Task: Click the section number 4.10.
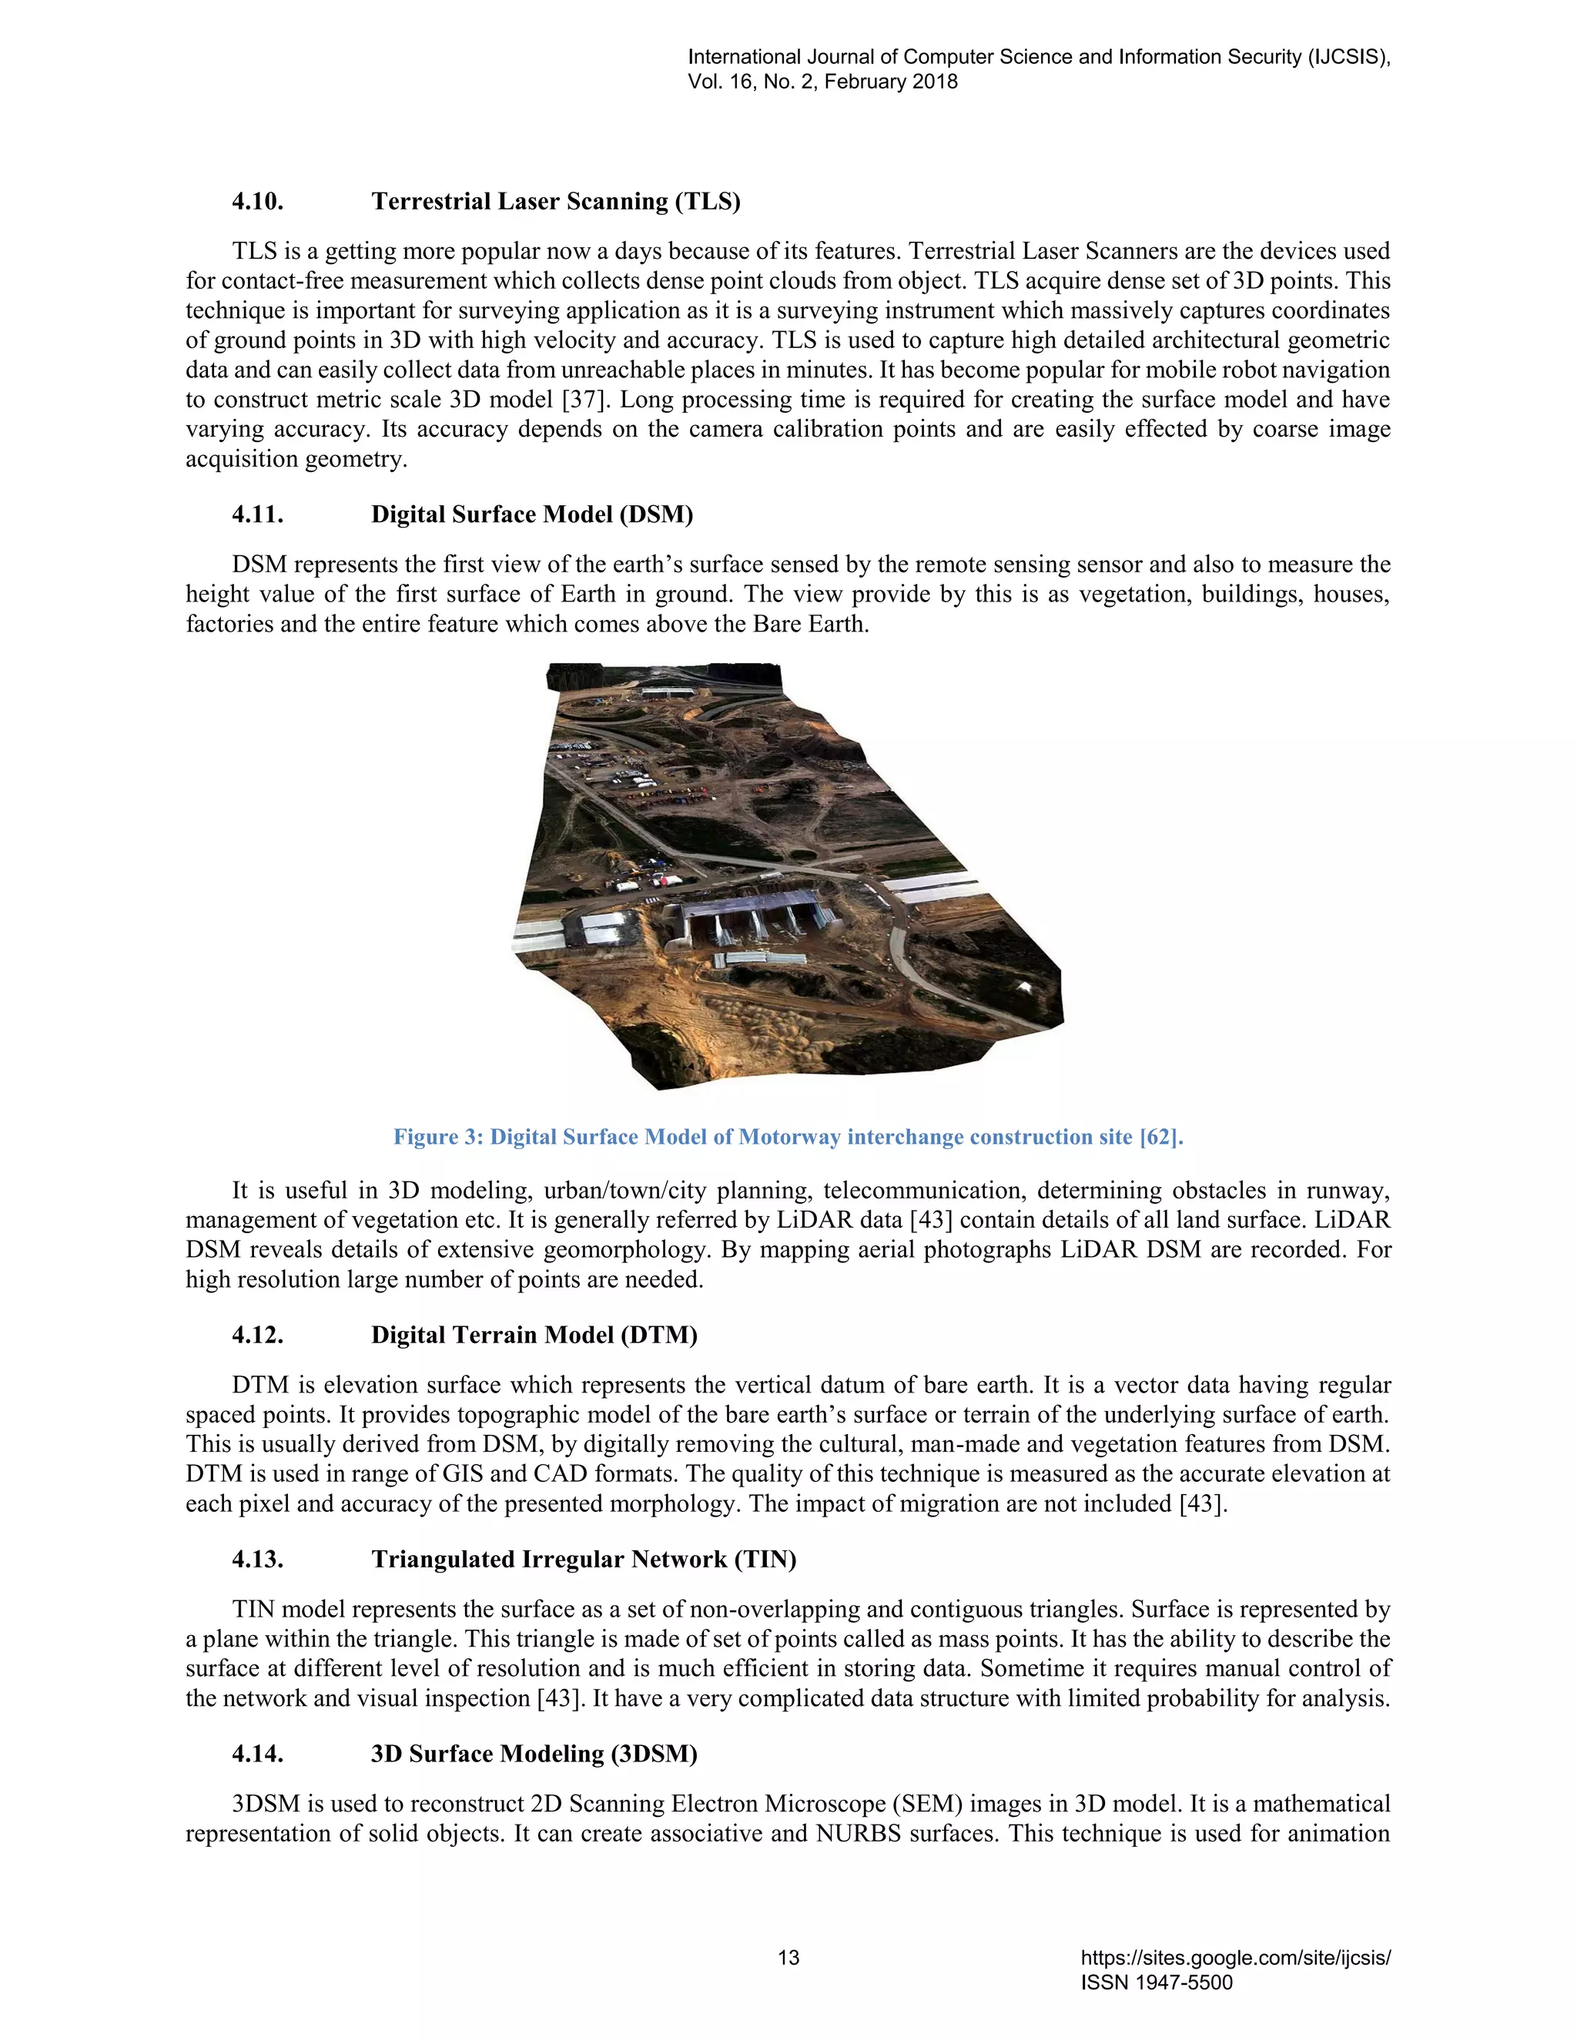(x=257, y=202)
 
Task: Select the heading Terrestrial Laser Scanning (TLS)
(x=555, y=202)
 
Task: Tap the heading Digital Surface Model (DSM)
(x=531, y=515)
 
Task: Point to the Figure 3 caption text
(x=788, y=1138)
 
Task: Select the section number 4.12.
(x=257, y=1336)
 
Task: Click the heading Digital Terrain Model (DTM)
(x=534, y=1336)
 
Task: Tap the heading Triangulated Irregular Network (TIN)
(x=583, y=1560)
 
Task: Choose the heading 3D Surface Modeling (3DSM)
(x=534, y=1754)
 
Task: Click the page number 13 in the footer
(x=788, y=1958)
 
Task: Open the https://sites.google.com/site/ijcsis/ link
(x=1235, y=1958)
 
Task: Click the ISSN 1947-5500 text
(x=1157, y=1982)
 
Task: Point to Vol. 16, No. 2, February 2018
(x=822, y=82)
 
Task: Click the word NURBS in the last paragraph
(x=858, y=1834)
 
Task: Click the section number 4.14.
(x=257, y=1754)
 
